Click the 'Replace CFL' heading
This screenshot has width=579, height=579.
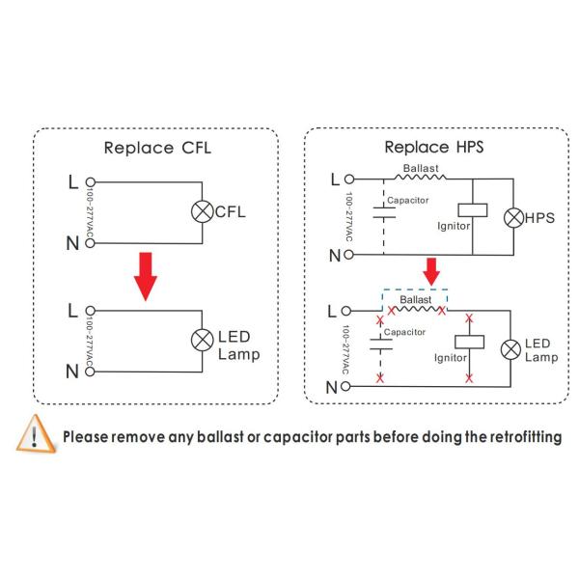pos(156,148)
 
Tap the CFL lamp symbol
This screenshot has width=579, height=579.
pos(203,211)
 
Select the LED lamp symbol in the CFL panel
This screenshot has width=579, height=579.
pos(203,340)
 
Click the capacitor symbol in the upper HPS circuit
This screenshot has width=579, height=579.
pos(383,215)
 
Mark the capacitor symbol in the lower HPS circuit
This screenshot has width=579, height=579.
pos(382,345)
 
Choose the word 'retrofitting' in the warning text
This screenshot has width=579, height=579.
pos(516,437)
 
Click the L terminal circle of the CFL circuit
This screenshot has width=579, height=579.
pos(90,180)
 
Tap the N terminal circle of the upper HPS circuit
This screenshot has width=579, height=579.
pos(349,255)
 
